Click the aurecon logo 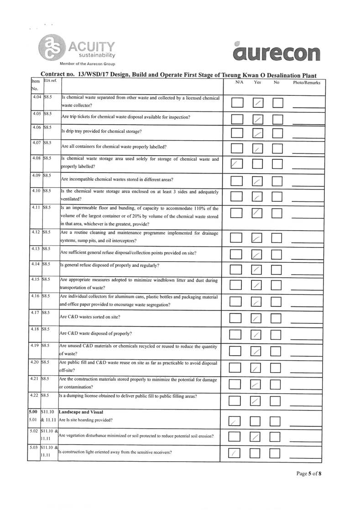276,53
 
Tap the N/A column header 240,83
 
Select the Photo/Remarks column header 307,83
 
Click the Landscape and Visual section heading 79,411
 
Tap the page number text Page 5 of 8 309,473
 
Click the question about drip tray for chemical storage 101,131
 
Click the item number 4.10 34,190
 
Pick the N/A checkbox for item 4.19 236,351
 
